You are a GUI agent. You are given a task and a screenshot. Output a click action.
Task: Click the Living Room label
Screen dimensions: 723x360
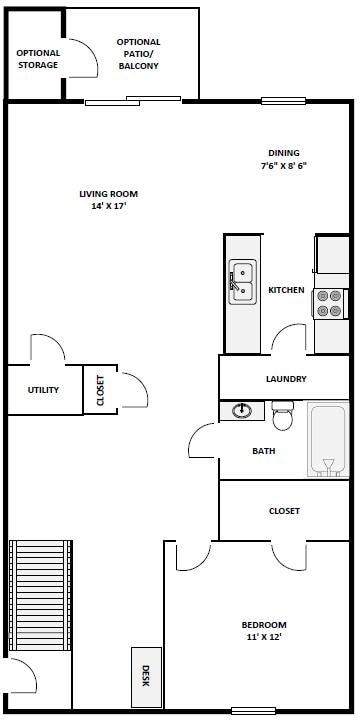(x=108, y=194)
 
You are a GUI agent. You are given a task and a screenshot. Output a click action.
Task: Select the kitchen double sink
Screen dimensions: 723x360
(x=242, y=281)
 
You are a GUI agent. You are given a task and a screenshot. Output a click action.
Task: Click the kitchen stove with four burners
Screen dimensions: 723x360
(x=330, y=302)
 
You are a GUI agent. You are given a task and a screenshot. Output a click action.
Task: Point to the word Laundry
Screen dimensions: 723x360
(x=286, y=379)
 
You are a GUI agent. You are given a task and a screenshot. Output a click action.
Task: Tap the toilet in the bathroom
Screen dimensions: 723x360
(x=283, y=416)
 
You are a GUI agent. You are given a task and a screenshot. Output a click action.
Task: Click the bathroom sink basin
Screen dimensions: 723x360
(x=241, y=411)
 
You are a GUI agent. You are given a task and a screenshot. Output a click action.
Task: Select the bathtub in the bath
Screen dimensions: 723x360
(x=328, y=439)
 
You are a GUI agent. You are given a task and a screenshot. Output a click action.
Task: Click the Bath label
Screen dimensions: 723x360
(x=263, y=451)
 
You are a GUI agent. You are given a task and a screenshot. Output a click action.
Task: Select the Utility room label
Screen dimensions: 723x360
(x=43, y=390)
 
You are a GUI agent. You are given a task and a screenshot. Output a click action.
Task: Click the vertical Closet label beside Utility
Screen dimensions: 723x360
(x=100, y=389)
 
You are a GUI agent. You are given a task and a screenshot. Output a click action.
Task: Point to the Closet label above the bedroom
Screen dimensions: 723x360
(x=284, y=511)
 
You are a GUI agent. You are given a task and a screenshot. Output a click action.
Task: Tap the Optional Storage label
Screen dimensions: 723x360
(x=38, y=59)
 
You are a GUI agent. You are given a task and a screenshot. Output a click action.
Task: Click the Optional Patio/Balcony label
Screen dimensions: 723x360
(x=138, y=54)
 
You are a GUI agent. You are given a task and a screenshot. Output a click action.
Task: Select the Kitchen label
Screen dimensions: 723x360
(x=286, y=290)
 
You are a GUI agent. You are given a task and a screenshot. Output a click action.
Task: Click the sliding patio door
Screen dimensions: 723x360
(x=132, y=99)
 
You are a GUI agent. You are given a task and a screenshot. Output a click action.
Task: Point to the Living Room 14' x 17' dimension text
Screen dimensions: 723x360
(x=108, y=206)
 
